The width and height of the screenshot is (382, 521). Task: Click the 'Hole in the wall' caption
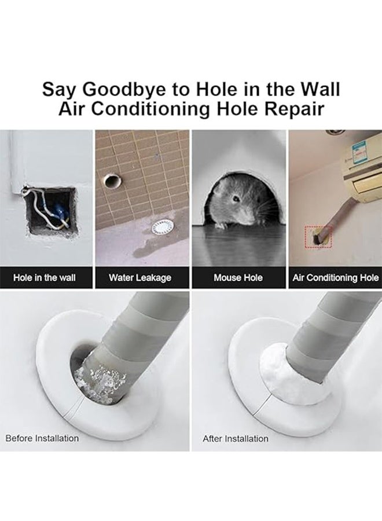coord(45,278)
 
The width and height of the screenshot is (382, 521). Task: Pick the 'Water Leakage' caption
coord(140,278)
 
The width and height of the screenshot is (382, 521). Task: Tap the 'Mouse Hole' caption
coord(238,278)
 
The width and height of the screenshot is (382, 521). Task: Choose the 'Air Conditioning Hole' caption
coord(336,278)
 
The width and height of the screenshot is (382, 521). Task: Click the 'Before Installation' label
coord(42,438)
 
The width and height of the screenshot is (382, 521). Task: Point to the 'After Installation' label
coord(236,438)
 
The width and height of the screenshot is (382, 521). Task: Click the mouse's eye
coord(236,199)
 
